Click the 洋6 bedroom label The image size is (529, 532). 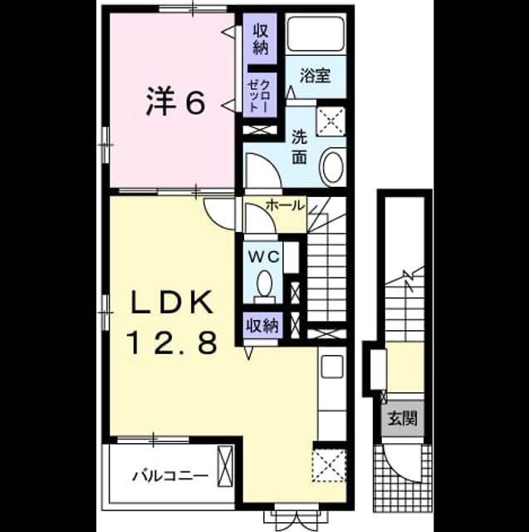(x=176, y=101)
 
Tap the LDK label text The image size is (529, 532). (x=173, y=303)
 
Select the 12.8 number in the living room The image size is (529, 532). (x=172, y=342)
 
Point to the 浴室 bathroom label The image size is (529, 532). (x=316, y=76)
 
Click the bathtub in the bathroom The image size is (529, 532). (x=316, y=33)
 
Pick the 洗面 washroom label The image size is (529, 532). (x=300, y=147)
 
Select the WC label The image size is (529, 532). (x=264, y=257)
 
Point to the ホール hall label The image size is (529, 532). (x=285, y=205)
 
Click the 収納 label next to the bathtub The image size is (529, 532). (x=261, y=40)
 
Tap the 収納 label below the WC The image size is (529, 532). (x=262, y=326)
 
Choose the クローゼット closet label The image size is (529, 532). (x=260, y=96)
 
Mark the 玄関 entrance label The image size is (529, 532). (x=402, y=418)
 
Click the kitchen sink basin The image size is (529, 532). (x=332, y=367)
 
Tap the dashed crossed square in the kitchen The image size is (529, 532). (x=329, y=465)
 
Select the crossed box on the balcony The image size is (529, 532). (x=225, y=466)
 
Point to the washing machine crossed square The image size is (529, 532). (x=331, y=121)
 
